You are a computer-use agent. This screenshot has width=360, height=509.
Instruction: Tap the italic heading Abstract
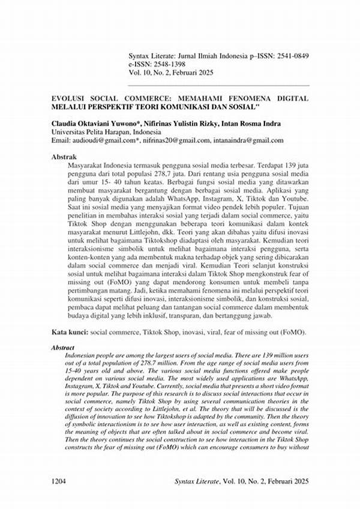point(62,348)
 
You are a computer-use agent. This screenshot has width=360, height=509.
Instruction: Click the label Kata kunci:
point(70,332)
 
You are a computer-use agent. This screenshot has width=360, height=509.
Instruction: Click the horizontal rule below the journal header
point(223,85)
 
